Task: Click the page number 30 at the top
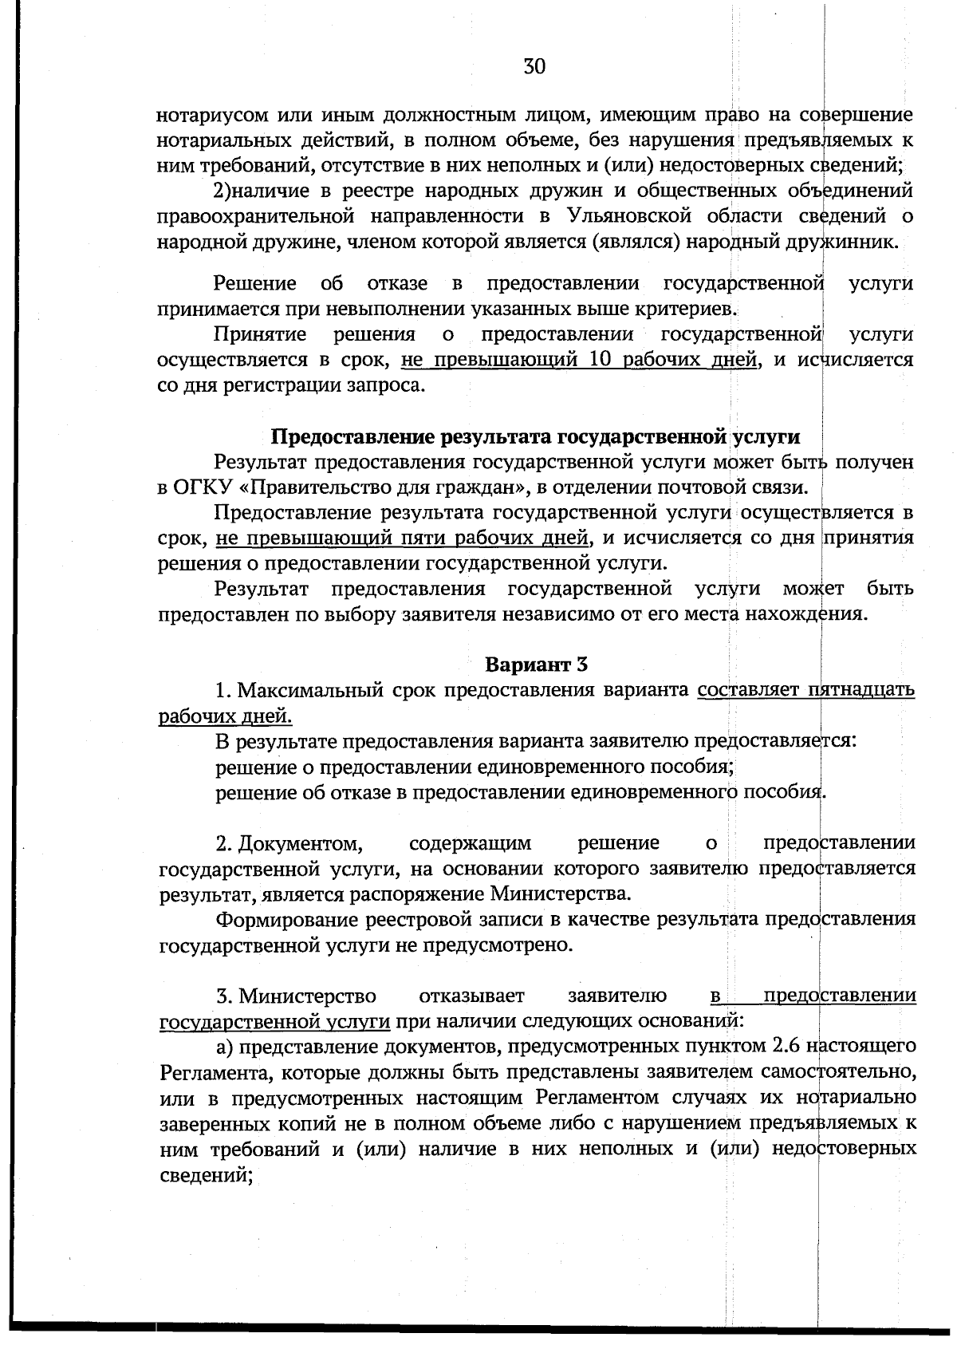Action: [534, 66]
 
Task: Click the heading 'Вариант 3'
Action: [536, 664]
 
